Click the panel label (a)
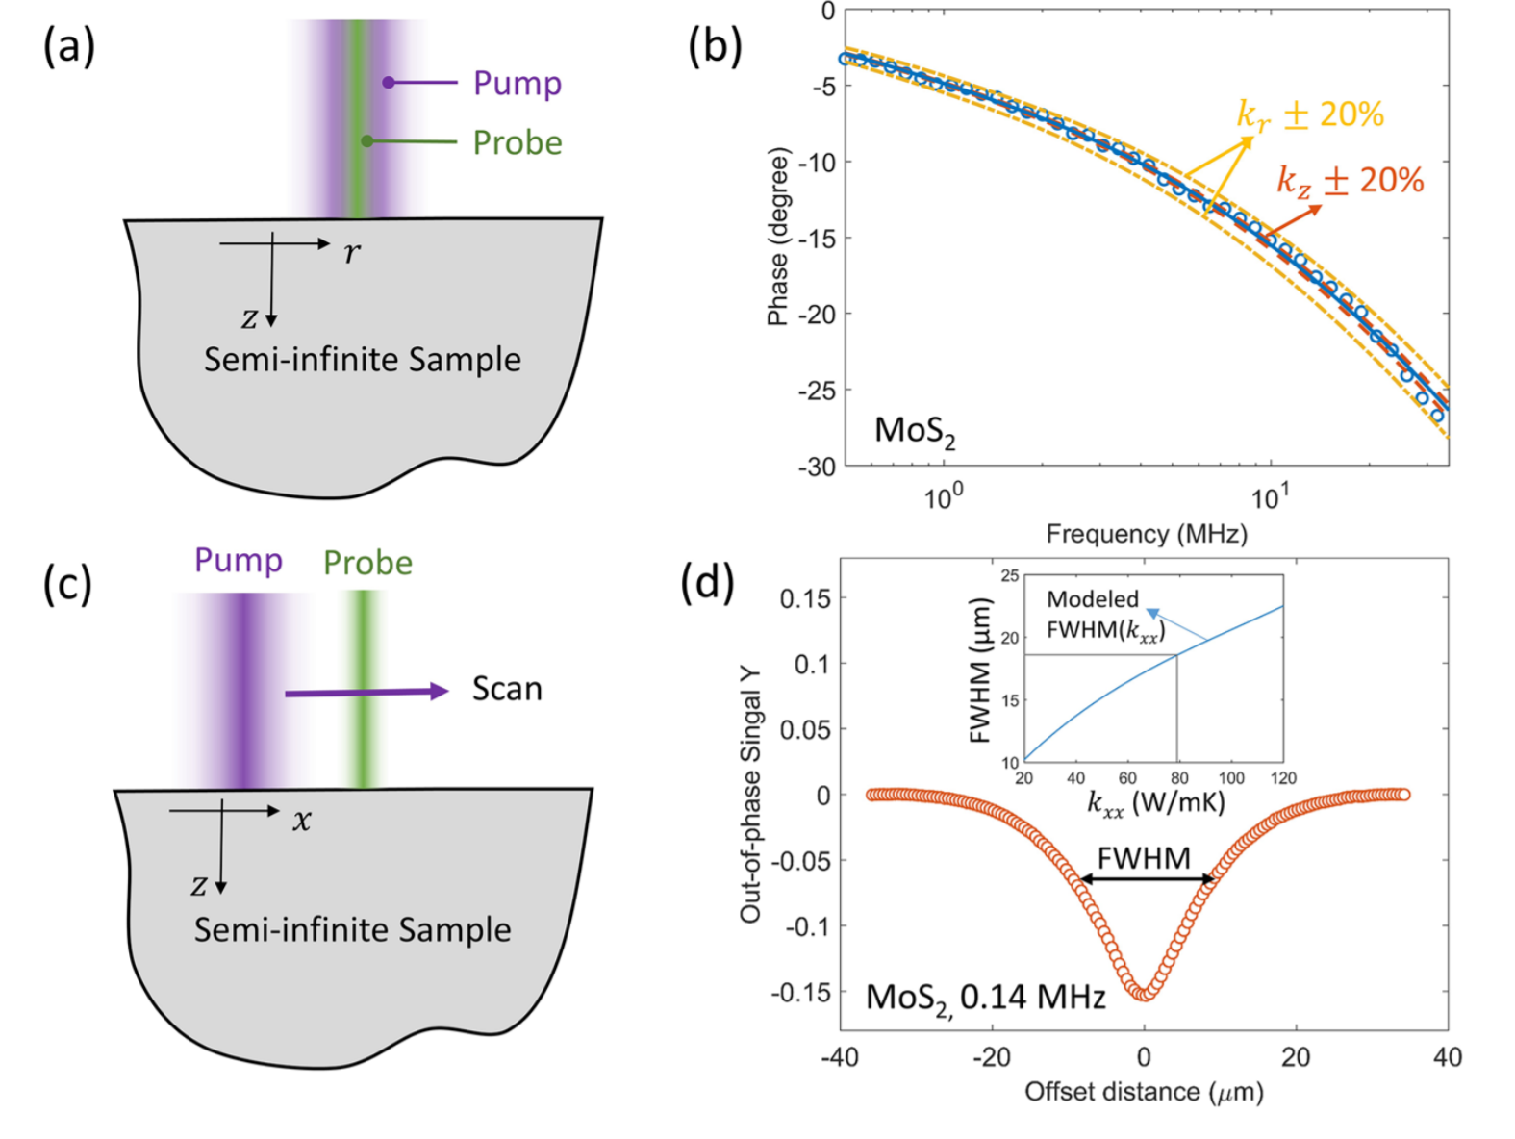click(x=68, y=46)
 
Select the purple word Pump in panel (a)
click(x=517, y=84)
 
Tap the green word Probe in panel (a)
click(x=517, y=142)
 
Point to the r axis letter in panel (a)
click(x=352, y=252)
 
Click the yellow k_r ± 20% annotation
click(x=1309, y=114)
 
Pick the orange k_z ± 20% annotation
click(x=1349, y=180)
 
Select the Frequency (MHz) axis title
click(x=1146, y=534)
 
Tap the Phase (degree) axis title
click(x=777, y=237)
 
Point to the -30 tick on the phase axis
click(x=817, y=467)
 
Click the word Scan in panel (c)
click(x=507, y=689)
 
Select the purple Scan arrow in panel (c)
click(x=366, y=692)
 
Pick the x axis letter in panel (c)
click(x=302, y=820)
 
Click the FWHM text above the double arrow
click(x=1144, y=857)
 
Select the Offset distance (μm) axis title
click(x=1144, y=1092)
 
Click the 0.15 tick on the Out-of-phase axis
click(x=805, y=598)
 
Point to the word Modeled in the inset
click(x=1092, y=599)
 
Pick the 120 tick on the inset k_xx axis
click(x=1283, y=777)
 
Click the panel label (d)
click(x=707, y=582)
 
